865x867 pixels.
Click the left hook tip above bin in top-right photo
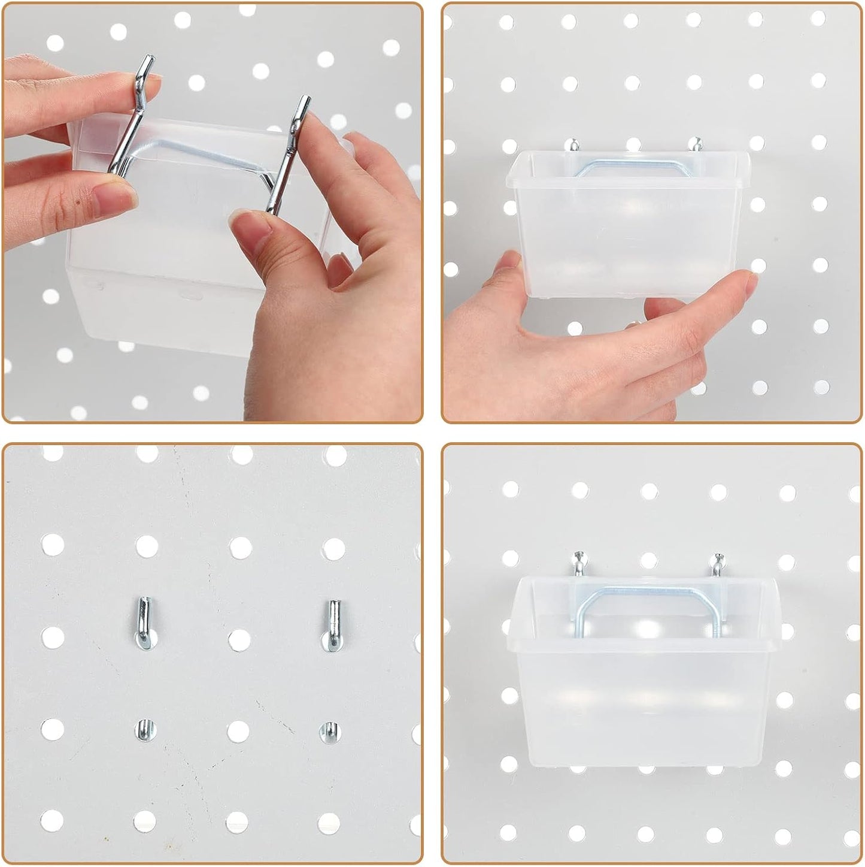tap(573, 145)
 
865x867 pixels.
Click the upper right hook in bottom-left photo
tap(332, 624)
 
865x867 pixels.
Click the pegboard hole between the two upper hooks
tap(239, 639)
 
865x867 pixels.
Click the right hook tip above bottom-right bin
tap(715, 563)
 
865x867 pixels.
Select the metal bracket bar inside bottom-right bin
tap(647, 593)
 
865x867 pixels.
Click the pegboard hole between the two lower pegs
tap(238, 730)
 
